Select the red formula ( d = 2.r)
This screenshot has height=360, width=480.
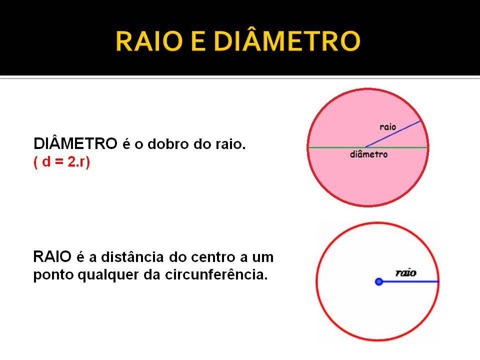click(x=61, y=163)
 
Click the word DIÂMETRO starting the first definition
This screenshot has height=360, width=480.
click(x=75, y=144)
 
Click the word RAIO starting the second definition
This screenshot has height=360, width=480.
click(x=52, y=257)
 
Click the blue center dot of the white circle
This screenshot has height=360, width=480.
click(x=379, y=282)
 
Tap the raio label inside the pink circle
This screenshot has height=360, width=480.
click(x=388, y=127)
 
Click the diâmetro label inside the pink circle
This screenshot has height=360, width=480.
click(x=369, y=154)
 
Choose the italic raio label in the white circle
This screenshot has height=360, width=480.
click(x=406, y=273)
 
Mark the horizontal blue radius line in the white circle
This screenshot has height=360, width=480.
click(x=410, y=282)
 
